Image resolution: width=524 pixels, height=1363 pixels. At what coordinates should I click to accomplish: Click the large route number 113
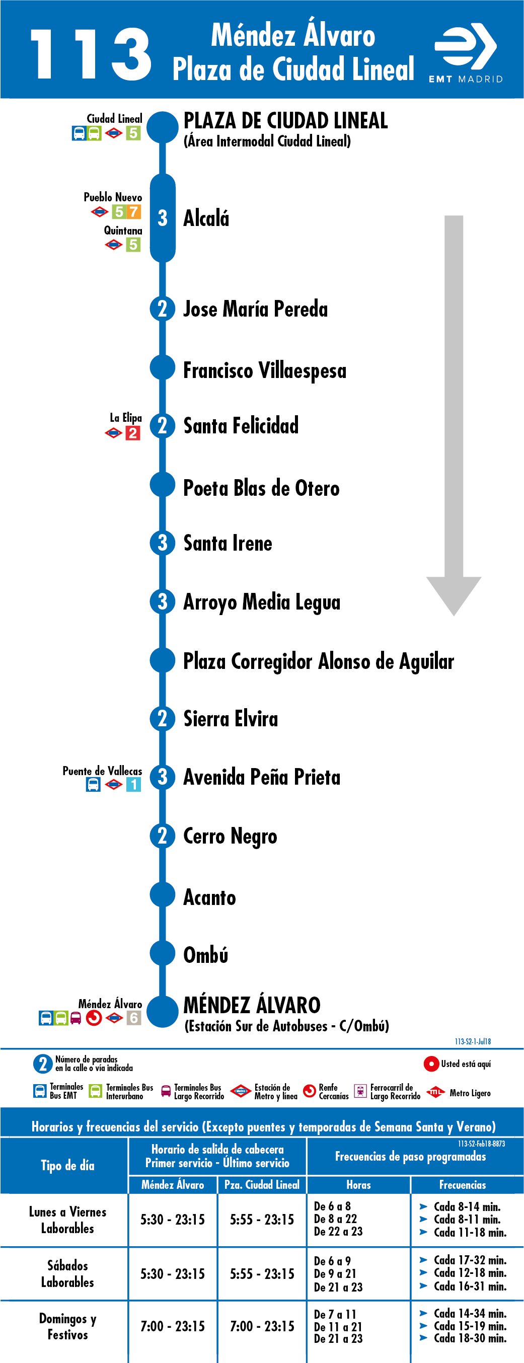(91, 54)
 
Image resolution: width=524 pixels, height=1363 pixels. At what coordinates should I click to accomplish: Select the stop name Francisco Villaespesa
(265, 370)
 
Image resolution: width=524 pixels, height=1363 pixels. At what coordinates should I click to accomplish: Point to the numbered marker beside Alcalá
(163, 218)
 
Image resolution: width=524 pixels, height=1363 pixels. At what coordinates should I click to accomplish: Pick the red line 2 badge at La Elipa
(133, 433)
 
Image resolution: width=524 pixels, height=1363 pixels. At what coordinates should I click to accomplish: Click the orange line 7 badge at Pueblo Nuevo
(133, 211)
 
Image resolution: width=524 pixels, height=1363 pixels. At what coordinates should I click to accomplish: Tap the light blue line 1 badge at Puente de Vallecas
(133, 784)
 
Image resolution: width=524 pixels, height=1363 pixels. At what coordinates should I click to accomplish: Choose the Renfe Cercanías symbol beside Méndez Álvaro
(94, 1018)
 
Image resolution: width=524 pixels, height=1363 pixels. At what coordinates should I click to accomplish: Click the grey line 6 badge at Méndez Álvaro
(133, 1018)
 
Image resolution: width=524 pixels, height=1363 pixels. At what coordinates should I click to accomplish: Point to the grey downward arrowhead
(454, 596)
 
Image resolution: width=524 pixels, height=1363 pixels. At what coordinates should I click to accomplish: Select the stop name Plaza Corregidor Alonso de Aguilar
(319, 661)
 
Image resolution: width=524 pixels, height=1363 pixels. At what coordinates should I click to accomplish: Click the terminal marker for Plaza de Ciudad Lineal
(163, 127)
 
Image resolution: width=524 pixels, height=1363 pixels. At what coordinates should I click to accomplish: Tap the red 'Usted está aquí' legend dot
(431, 1064)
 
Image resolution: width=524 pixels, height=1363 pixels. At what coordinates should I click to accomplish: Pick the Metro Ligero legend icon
(435, 1092)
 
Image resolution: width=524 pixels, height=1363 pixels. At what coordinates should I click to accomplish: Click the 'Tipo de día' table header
(68, 1165)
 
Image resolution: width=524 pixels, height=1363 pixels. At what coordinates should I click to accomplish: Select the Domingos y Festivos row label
(68, 1326)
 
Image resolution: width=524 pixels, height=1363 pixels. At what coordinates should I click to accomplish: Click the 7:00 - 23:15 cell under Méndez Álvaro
(173, 1326)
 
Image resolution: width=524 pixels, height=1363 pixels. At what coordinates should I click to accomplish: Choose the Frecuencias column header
(463, 1185)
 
